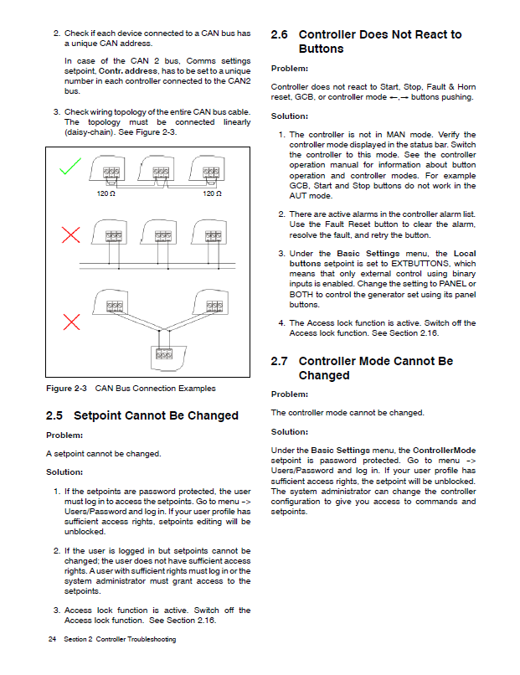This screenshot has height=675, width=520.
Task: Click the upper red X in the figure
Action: (x=71, y=235)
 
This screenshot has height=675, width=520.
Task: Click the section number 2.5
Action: (x=54, y=415)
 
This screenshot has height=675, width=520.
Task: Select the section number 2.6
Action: (x=280, y=35)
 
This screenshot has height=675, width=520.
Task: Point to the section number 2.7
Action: (x=280, y=361)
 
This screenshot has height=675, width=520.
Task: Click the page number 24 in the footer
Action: (x=52, y=640)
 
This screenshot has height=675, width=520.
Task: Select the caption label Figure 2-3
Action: (x=67, y=389)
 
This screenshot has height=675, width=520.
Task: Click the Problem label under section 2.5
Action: (x=64, y=435)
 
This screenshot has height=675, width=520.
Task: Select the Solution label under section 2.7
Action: (x=290, y=431)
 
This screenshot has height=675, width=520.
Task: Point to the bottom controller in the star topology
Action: (x=163, y=357)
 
